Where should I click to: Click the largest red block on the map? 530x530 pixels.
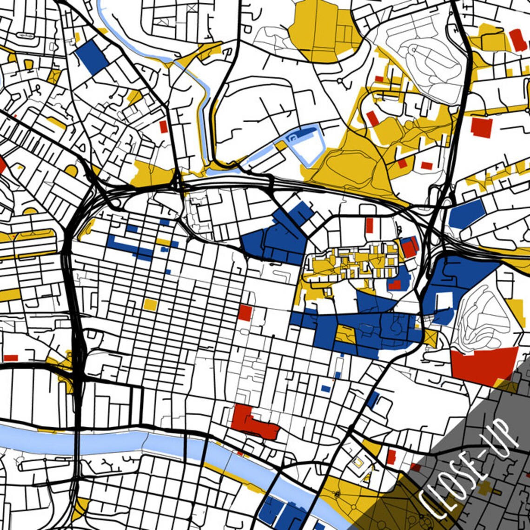pos(484,365)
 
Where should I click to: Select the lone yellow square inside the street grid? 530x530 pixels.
pos(150,305)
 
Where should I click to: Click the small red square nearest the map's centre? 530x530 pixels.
pos(245,312)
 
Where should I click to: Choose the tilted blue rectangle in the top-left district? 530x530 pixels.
pos(92,57)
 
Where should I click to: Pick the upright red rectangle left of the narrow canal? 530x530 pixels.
pos(163,126)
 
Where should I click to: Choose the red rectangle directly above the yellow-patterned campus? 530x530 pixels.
pos(369,225)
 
